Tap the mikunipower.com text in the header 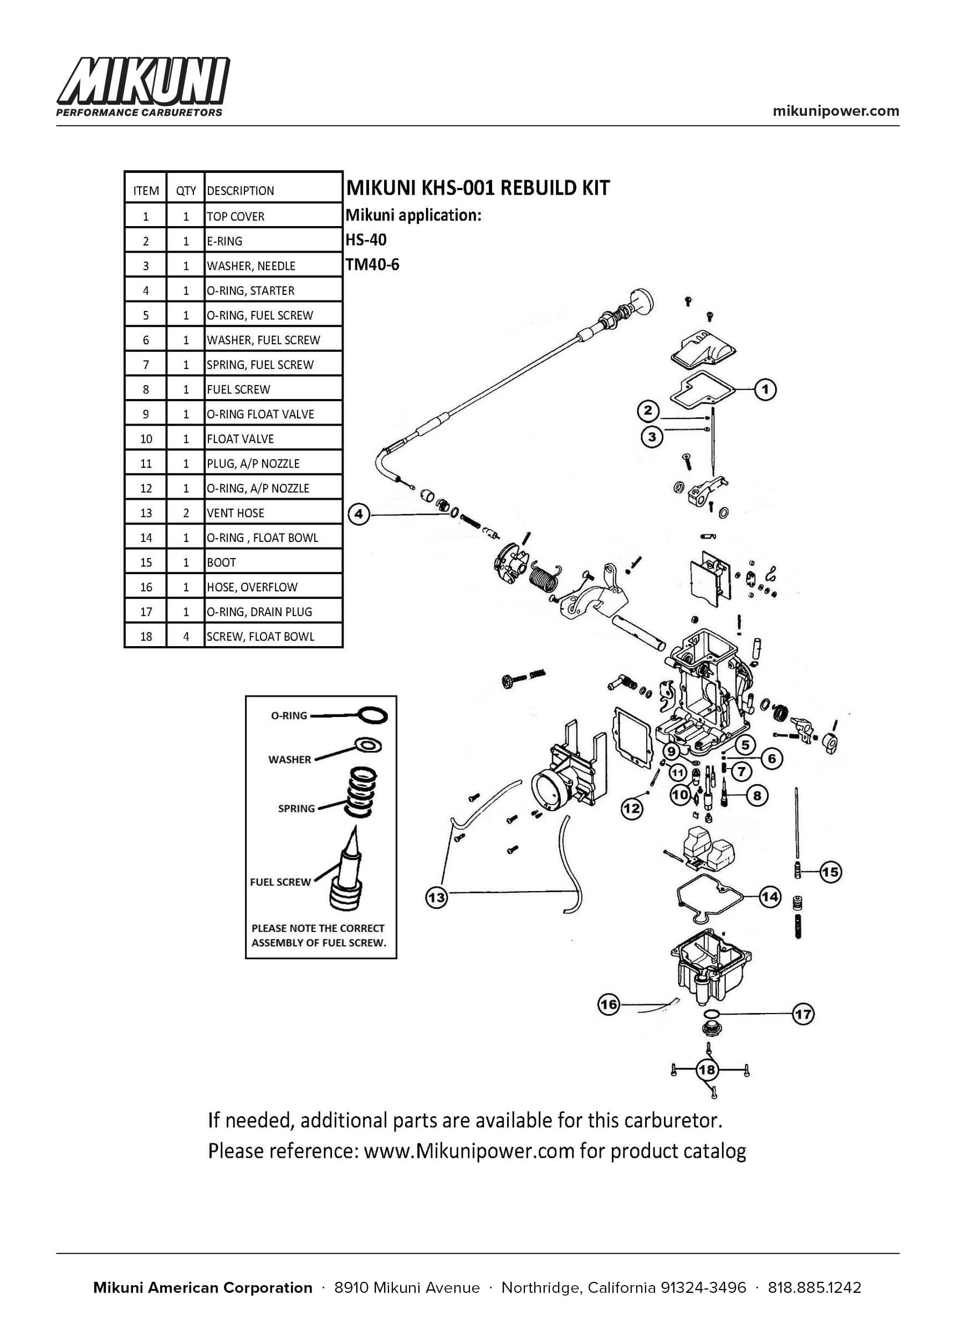tap(836, 111)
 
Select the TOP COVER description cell tap(273, 216)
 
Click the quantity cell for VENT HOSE tap(186, 513)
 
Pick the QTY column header tap(186, 191)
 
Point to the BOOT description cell tap(273, 562)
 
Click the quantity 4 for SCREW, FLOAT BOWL tap(186, 636)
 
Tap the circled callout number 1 tap(765, 390)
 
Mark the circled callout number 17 tap(804, 1014)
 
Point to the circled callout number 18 tap(707, 1070)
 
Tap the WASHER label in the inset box tap(290, 759)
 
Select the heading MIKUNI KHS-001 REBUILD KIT tap(478, 188)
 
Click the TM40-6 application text tap(372, 264)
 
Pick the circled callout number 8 tap(757, 795)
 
